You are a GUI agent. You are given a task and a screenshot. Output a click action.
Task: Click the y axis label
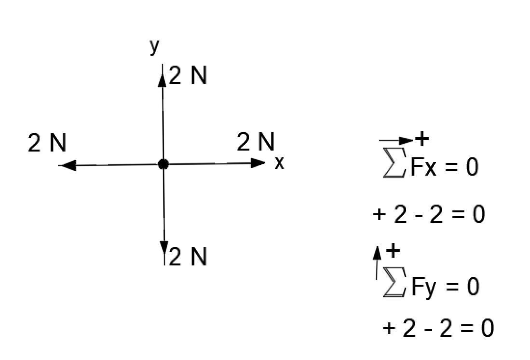tap(154, 46)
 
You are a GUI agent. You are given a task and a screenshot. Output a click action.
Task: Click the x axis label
tap(279, 163)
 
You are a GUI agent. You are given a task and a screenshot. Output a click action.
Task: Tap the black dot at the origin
tap(163, 164)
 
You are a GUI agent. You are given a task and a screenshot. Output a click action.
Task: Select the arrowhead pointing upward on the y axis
tap(163, 79)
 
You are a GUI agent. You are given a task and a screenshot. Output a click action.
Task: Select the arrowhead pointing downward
tap(164, 247)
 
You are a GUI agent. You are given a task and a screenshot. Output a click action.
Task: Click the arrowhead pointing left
tap(68, 166)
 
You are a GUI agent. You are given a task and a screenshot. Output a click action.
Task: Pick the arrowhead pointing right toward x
tap(258, 163)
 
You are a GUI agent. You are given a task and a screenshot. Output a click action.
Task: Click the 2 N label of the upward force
tap(188, 76)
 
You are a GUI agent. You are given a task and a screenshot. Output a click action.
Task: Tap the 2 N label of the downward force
tap(188, 257)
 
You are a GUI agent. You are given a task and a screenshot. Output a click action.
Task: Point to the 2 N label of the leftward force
tap(47, 143)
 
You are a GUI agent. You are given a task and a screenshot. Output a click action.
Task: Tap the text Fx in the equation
tap(423, 167)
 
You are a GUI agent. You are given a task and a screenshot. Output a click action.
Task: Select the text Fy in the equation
tap(424, 287)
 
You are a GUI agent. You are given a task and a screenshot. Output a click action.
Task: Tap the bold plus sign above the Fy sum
tap(394, 250)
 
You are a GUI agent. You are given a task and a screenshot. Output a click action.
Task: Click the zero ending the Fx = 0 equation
tap(471, 167)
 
